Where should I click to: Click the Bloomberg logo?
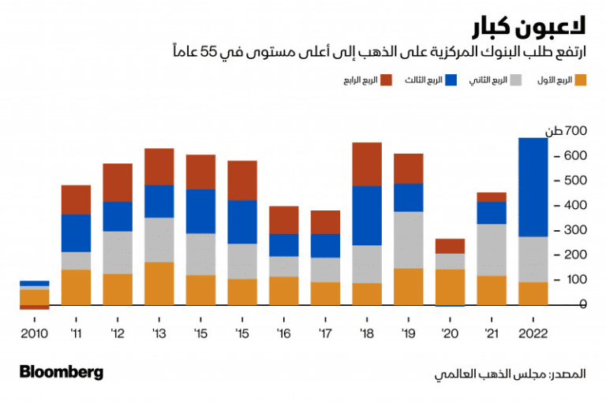(61, 372)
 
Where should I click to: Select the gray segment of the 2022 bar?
(533, 259)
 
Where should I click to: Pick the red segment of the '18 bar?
(366, 164)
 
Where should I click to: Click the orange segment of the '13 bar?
(159, 283)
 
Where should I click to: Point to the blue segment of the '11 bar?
(76, 233)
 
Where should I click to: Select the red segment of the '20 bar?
(450, 245)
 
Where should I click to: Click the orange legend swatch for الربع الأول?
(580, 80)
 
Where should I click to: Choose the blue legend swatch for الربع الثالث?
(451, 80)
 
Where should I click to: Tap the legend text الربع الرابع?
(357, 80)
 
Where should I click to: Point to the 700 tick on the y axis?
(573, 131)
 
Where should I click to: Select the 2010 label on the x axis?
(34, 333)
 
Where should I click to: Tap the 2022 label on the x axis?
(533, 333)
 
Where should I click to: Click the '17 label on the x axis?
(324, 333)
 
